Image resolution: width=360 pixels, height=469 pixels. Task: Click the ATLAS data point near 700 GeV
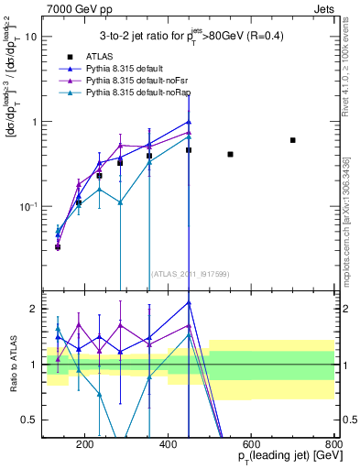tap(293, 140)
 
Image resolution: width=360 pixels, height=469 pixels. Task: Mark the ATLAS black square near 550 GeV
tap(230, 154)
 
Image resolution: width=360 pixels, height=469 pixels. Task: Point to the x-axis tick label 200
tap(85, 446)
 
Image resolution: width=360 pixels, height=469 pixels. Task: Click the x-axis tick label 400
tap(169, 446)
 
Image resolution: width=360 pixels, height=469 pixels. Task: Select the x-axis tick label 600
tap(252, 446)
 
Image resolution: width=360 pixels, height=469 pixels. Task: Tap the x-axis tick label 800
tap(334, 446)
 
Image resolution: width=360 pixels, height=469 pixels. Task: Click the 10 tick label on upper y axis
tap(31, 37)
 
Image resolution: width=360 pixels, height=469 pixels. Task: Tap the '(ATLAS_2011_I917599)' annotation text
tap(188, 274)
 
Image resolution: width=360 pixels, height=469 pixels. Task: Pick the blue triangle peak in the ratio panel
tap(189, 302)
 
